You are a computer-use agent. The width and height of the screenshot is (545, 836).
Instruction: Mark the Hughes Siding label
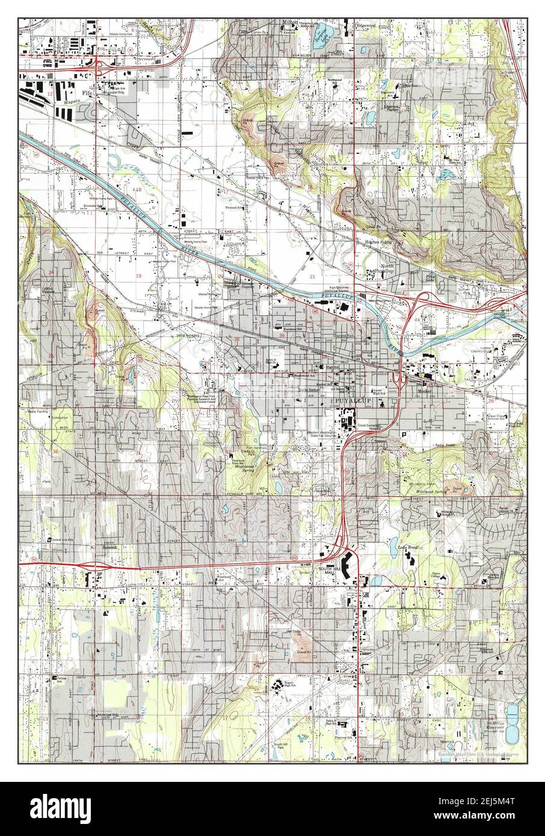pyautogui.click(x=378, y=242)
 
